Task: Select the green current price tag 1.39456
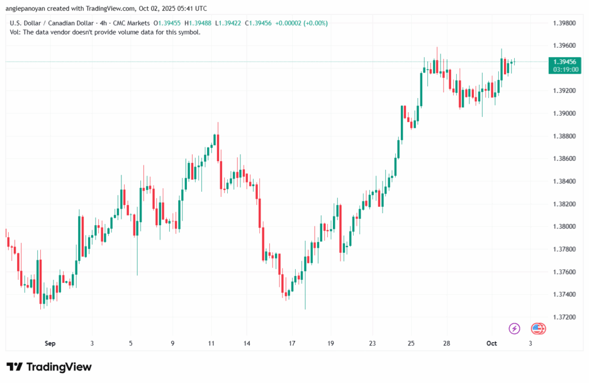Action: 564,62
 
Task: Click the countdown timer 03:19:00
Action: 564,69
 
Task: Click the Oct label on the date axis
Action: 491,343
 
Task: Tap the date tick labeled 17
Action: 292,343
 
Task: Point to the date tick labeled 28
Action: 446,343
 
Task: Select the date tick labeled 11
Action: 212,343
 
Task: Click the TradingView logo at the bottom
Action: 49,367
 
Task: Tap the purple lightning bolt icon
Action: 514,328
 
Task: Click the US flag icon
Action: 538,328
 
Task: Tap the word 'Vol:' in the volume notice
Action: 16,32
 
